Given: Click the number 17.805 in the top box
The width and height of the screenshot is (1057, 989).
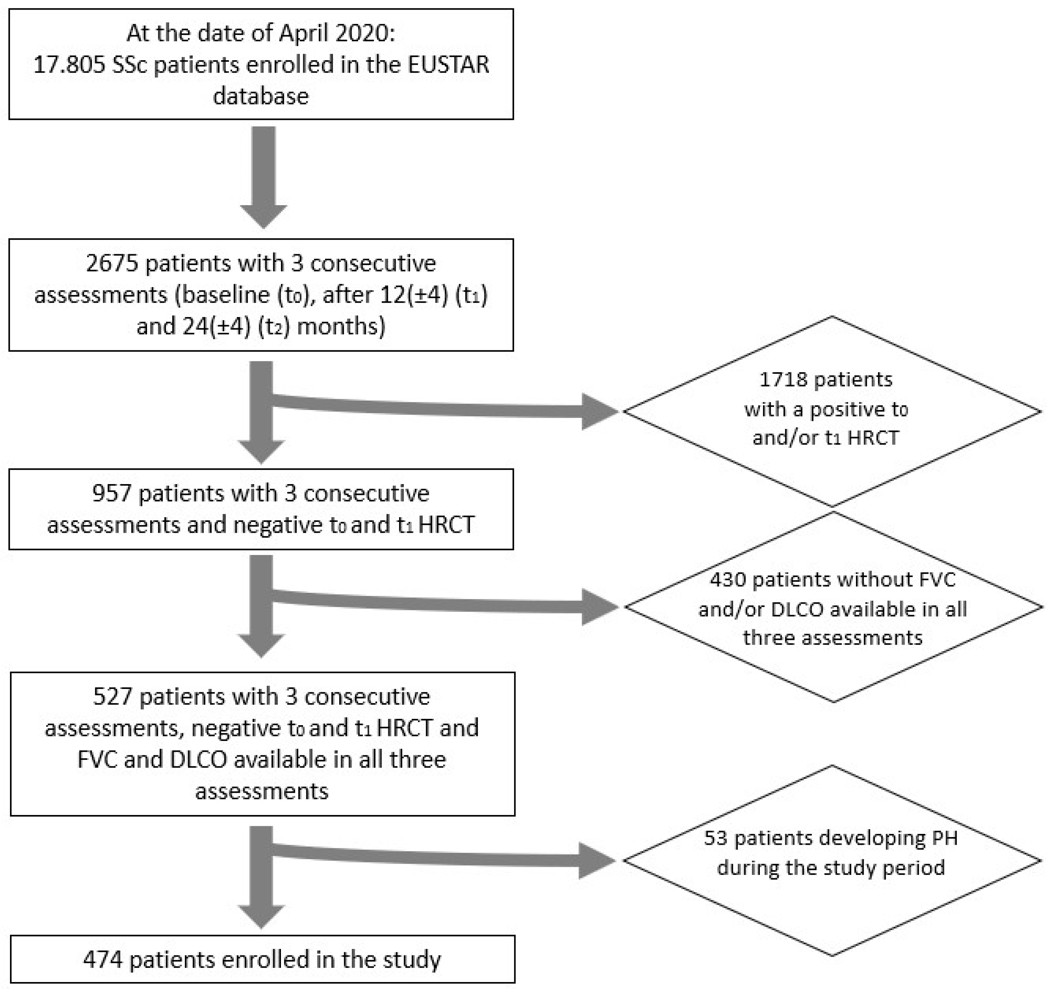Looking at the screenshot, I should [x=69, y=65].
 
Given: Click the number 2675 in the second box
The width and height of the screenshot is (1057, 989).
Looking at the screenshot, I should [x=112, y=263].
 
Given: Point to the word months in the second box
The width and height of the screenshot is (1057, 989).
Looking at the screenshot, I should [x=341, y=326].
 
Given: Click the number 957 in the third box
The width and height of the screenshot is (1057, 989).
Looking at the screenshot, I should [x=112, y=494].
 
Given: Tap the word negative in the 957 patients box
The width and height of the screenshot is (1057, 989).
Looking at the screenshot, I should [x=277, y=525].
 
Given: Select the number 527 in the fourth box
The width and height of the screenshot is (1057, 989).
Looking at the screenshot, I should [x=113, y=697].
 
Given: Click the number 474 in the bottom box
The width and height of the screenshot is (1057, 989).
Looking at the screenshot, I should [x=103, y=960].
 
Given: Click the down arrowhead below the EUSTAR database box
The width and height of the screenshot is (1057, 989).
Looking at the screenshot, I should [x=263, y=215].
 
